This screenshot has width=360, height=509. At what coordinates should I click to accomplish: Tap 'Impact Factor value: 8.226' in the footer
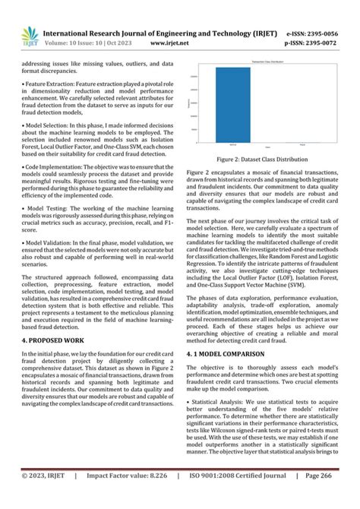128,496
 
